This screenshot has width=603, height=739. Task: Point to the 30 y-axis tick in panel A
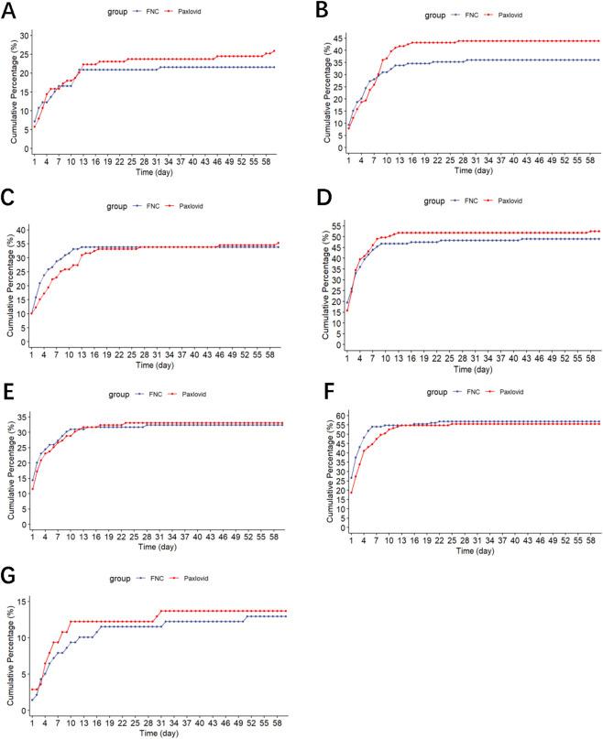(24, 34)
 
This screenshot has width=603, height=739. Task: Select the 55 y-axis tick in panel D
(336, 224)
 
